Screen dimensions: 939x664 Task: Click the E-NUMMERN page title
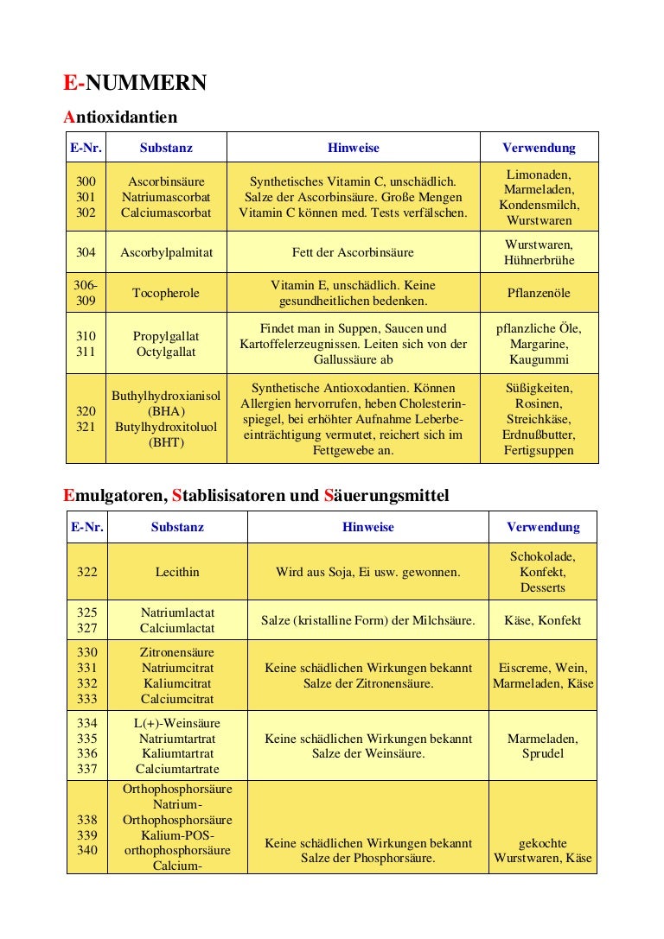135,83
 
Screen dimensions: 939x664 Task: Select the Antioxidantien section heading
120,117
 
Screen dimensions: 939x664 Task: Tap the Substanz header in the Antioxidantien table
166,148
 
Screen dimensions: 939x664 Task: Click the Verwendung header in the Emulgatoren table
543,527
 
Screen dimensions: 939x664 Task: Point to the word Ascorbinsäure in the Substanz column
166,182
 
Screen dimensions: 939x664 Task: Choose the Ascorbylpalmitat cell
166,253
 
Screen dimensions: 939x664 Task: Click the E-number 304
86,253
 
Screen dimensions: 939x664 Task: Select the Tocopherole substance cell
166,293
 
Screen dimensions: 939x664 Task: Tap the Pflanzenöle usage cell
539,293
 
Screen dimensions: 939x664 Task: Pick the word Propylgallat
166,336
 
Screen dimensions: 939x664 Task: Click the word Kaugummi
539,359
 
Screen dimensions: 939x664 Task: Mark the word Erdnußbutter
539,435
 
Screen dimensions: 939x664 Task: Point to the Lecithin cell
177,572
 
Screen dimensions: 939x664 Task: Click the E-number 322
86,572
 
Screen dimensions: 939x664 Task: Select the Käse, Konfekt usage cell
543,620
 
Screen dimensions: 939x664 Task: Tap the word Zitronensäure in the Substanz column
177,652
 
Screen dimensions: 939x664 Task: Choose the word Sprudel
543,754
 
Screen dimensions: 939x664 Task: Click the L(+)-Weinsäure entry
177,723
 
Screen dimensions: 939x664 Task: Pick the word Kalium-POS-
177,835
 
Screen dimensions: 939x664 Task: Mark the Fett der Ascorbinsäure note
353,253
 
